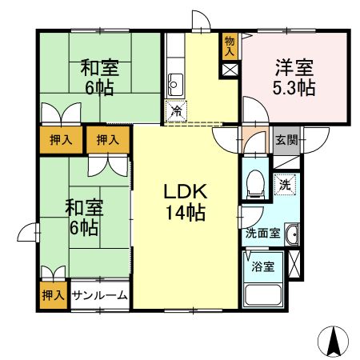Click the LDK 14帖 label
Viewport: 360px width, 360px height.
point(186,203)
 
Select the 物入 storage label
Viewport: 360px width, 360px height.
point(230,46)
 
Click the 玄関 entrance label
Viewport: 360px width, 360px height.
point(286,139)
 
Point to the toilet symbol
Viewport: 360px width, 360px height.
point(255,184)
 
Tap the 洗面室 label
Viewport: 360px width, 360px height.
point(262,234)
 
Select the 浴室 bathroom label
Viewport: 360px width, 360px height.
point(262,266)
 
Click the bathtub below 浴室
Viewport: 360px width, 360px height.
point(262,294)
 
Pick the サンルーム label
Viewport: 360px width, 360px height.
point(100,295)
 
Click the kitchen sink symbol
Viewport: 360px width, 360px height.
point(177,82)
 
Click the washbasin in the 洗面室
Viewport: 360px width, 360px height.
point(293,234)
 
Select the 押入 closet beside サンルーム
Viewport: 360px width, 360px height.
point(53,295)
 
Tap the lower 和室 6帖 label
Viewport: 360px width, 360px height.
point(82,218)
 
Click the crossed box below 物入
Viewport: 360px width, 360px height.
point(230,69)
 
